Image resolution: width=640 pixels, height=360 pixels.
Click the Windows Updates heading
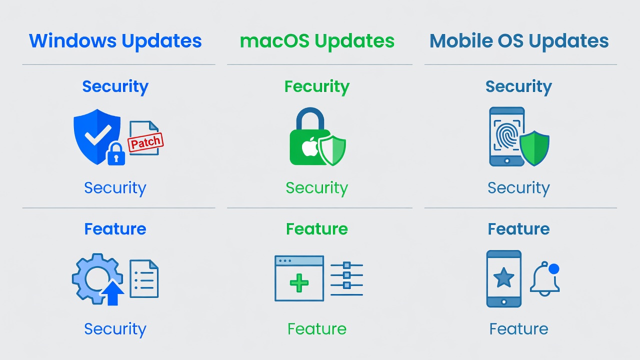point(115,41)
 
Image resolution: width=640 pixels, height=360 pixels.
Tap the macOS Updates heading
point(317,41)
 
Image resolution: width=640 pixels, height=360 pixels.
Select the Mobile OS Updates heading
point(519,41)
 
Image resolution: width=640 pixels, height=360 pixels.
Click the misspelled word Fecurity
point(317,87)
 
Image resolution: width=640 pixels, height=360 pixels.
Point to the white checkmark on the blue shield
point(98,134)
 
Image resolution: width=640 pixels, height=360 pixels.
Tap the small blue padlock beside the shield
point(116,153)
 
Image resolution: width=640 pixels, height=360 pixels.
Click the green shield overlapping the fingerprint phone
point(534,148)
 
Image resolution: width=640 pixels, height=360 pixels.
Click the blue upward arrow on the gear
point(113,293)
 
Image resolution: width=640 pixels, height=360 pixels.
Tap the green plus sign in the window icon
point(299,283)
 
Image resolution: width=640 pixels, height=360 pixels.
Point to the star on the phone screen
point(503,277)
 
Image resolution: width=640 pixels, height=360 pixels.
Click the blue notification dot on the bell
point(553,269)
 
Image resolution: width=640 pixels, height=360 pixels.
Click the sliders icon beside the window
point(346,279)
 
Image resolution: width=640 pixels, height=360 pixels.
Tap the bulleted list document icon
point(144,279)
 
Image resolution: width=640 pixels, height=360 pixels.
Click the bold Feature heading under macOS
point(317,229)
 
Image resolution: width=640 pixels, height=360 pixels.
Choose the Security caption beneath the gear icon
point(115,329)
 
